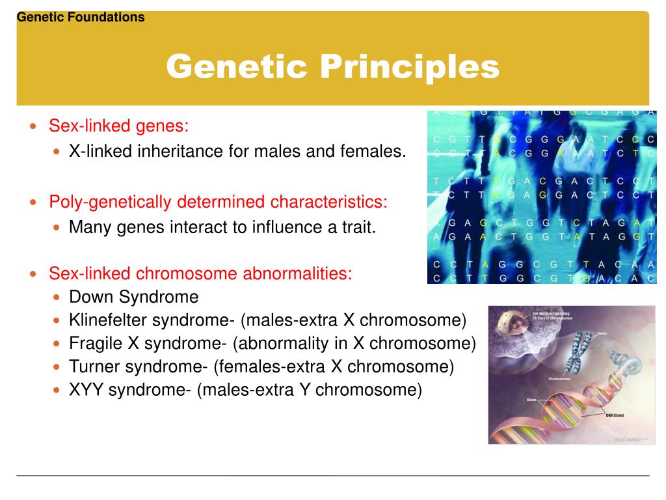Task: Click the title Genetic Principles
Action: click(332, 66)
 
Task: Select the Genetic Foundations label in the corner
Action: click(81, 18)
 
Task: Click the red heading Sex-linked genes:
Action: click(119, 125)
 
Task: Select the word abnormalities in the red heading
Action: click(298, 273)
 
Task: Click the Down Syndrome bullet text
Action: click(133, 298)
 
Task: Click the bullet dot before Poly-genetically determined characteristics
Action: click(34, 202)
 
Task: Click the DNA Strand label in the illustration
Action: click(617, 415)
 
